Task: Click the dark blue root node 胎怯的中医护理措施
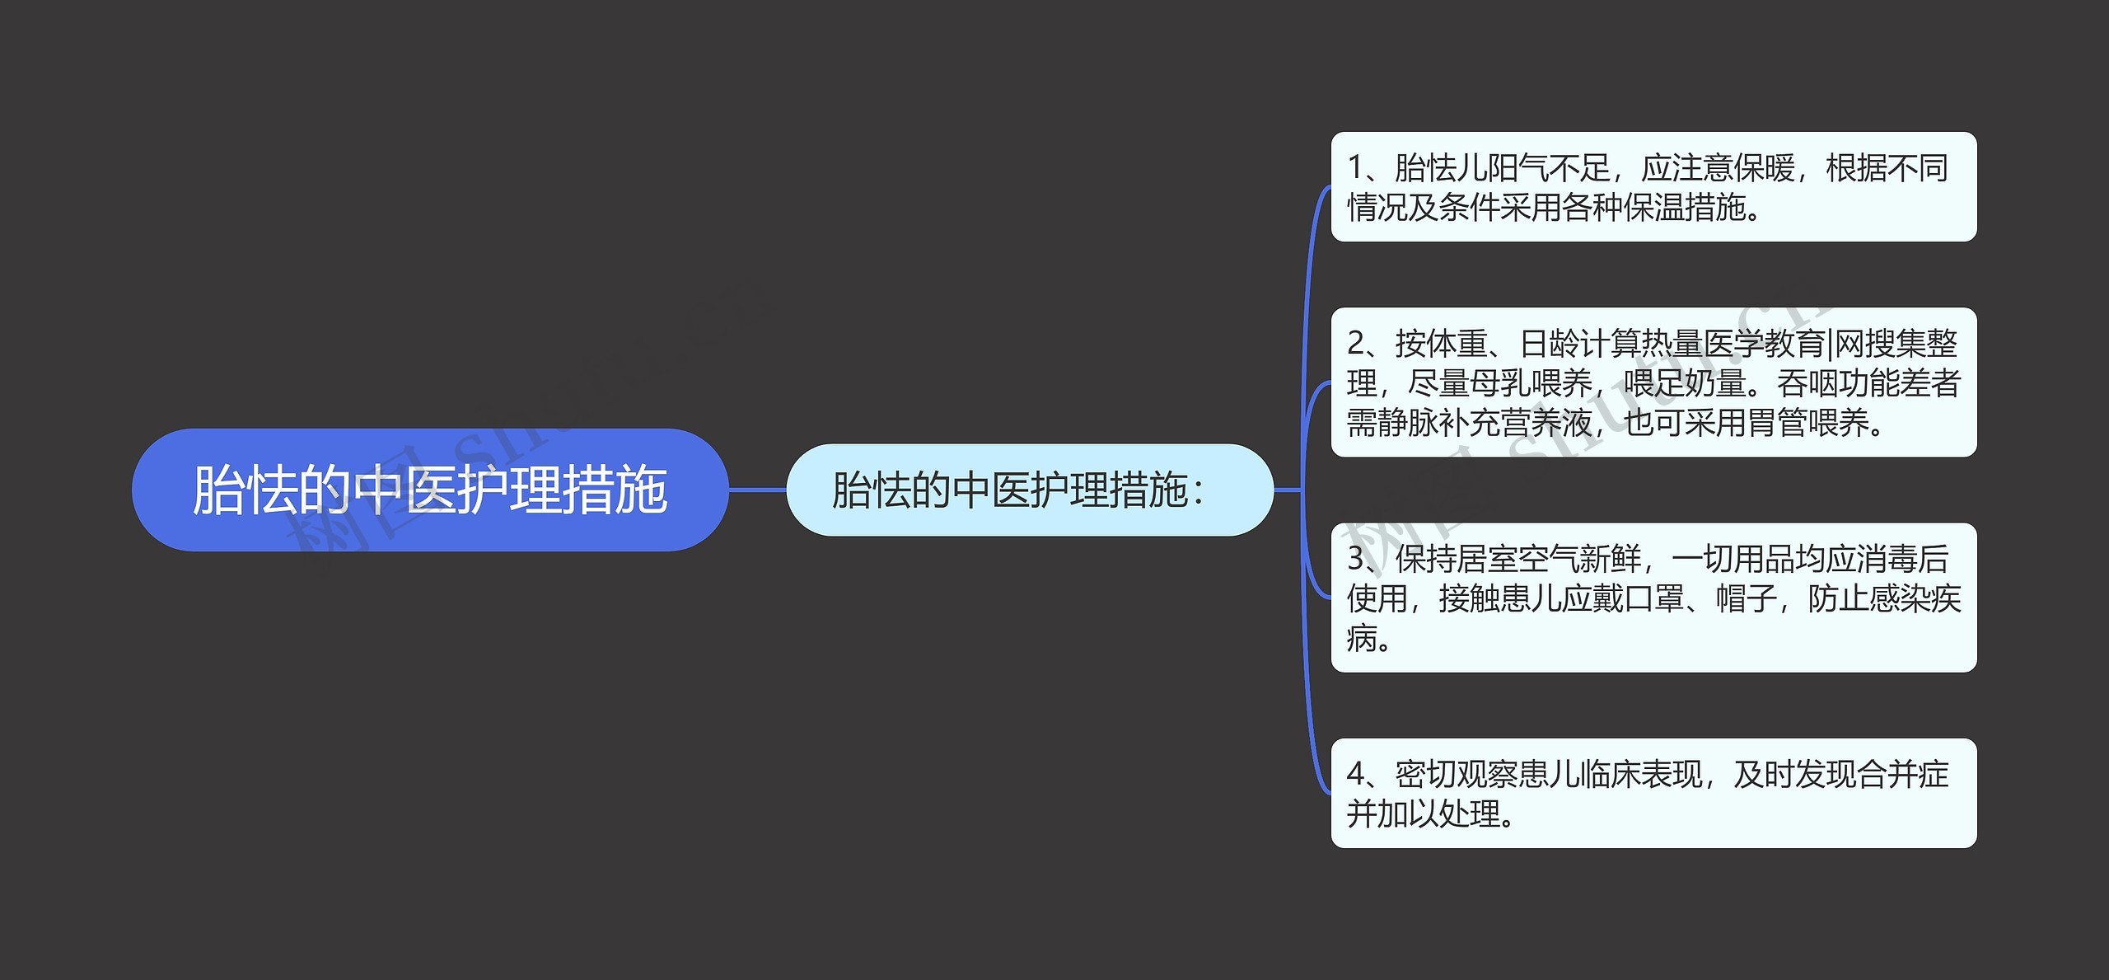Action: coord(429,490)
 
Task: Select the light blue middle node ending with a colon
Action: coord(1029,490)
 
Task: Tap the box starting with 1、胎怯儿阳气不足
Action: coord(1653,187)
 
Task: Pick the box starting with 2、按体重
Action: coord(1653,382)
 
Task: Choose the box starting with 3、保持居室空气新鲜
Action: coord(1653,598)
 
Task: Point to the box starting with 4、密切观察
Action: coord(1653,793)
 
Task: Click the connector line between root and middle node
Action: coord(757,490)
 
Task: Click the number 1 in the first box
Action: coord(1355,168)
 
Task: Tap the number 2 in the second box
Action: coord(1357,344)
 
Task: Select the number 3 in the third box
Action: coord(1357,559)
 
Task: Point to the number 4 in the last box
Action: coord(1357,774)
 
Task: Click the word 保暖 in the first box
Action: coord(1764,168)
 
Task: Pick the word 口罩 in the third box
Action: coord(1654,598)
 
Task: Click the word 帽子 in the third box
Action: coord(1747,598)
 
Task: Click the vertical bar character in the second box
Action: coord(1830,344)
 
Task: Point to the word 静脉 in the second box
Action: coord(1408,423)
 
